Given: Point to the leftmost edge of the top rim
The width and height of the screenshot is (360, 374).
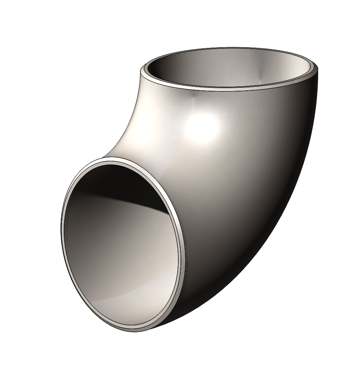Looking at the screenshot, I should [x=141, y=71].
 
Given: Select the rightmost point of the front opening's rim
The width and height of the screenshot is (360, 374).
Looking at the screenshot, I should [x=184, y=254].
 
